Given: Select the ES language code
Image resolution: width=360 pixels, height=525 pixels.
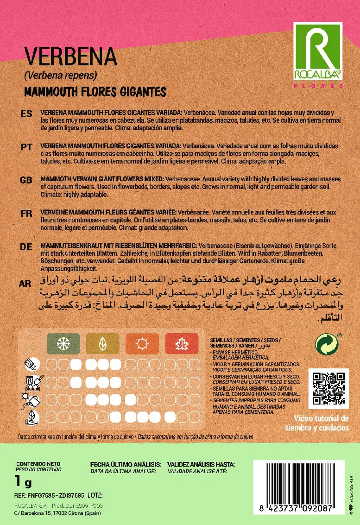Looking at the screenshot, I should click(26, 114).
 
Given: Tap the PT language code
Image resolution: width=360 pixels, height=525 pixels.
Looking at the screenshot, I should click(26, 147).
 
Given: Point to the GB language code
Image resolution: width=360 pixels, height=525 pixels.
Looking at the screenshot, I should click(26, 180).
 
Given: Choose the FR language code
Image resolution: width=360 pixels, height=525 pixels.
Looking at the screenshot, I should click(26, 214).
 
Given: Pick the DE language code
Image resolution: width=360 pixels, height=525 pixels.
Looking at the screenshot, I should click(26, 247).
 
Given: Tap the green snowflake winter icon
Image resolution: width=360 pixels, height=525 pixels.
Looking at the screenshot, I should click(63, 344).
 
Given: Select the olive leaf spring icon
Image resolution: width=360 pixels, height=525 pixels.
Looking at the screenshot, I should click(102, 344).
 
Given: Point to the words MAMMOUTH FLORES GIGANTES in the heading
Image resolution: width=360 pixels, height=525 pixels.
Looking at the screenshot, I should click(95, 92).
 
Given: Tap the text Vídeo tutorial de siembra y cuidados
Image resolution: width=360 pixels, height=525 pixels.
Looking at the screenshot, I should click(316, 422).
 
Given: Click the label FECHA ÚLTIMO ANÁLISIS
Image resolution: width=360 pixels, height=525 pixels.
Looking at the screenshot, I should click(126, 464).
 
